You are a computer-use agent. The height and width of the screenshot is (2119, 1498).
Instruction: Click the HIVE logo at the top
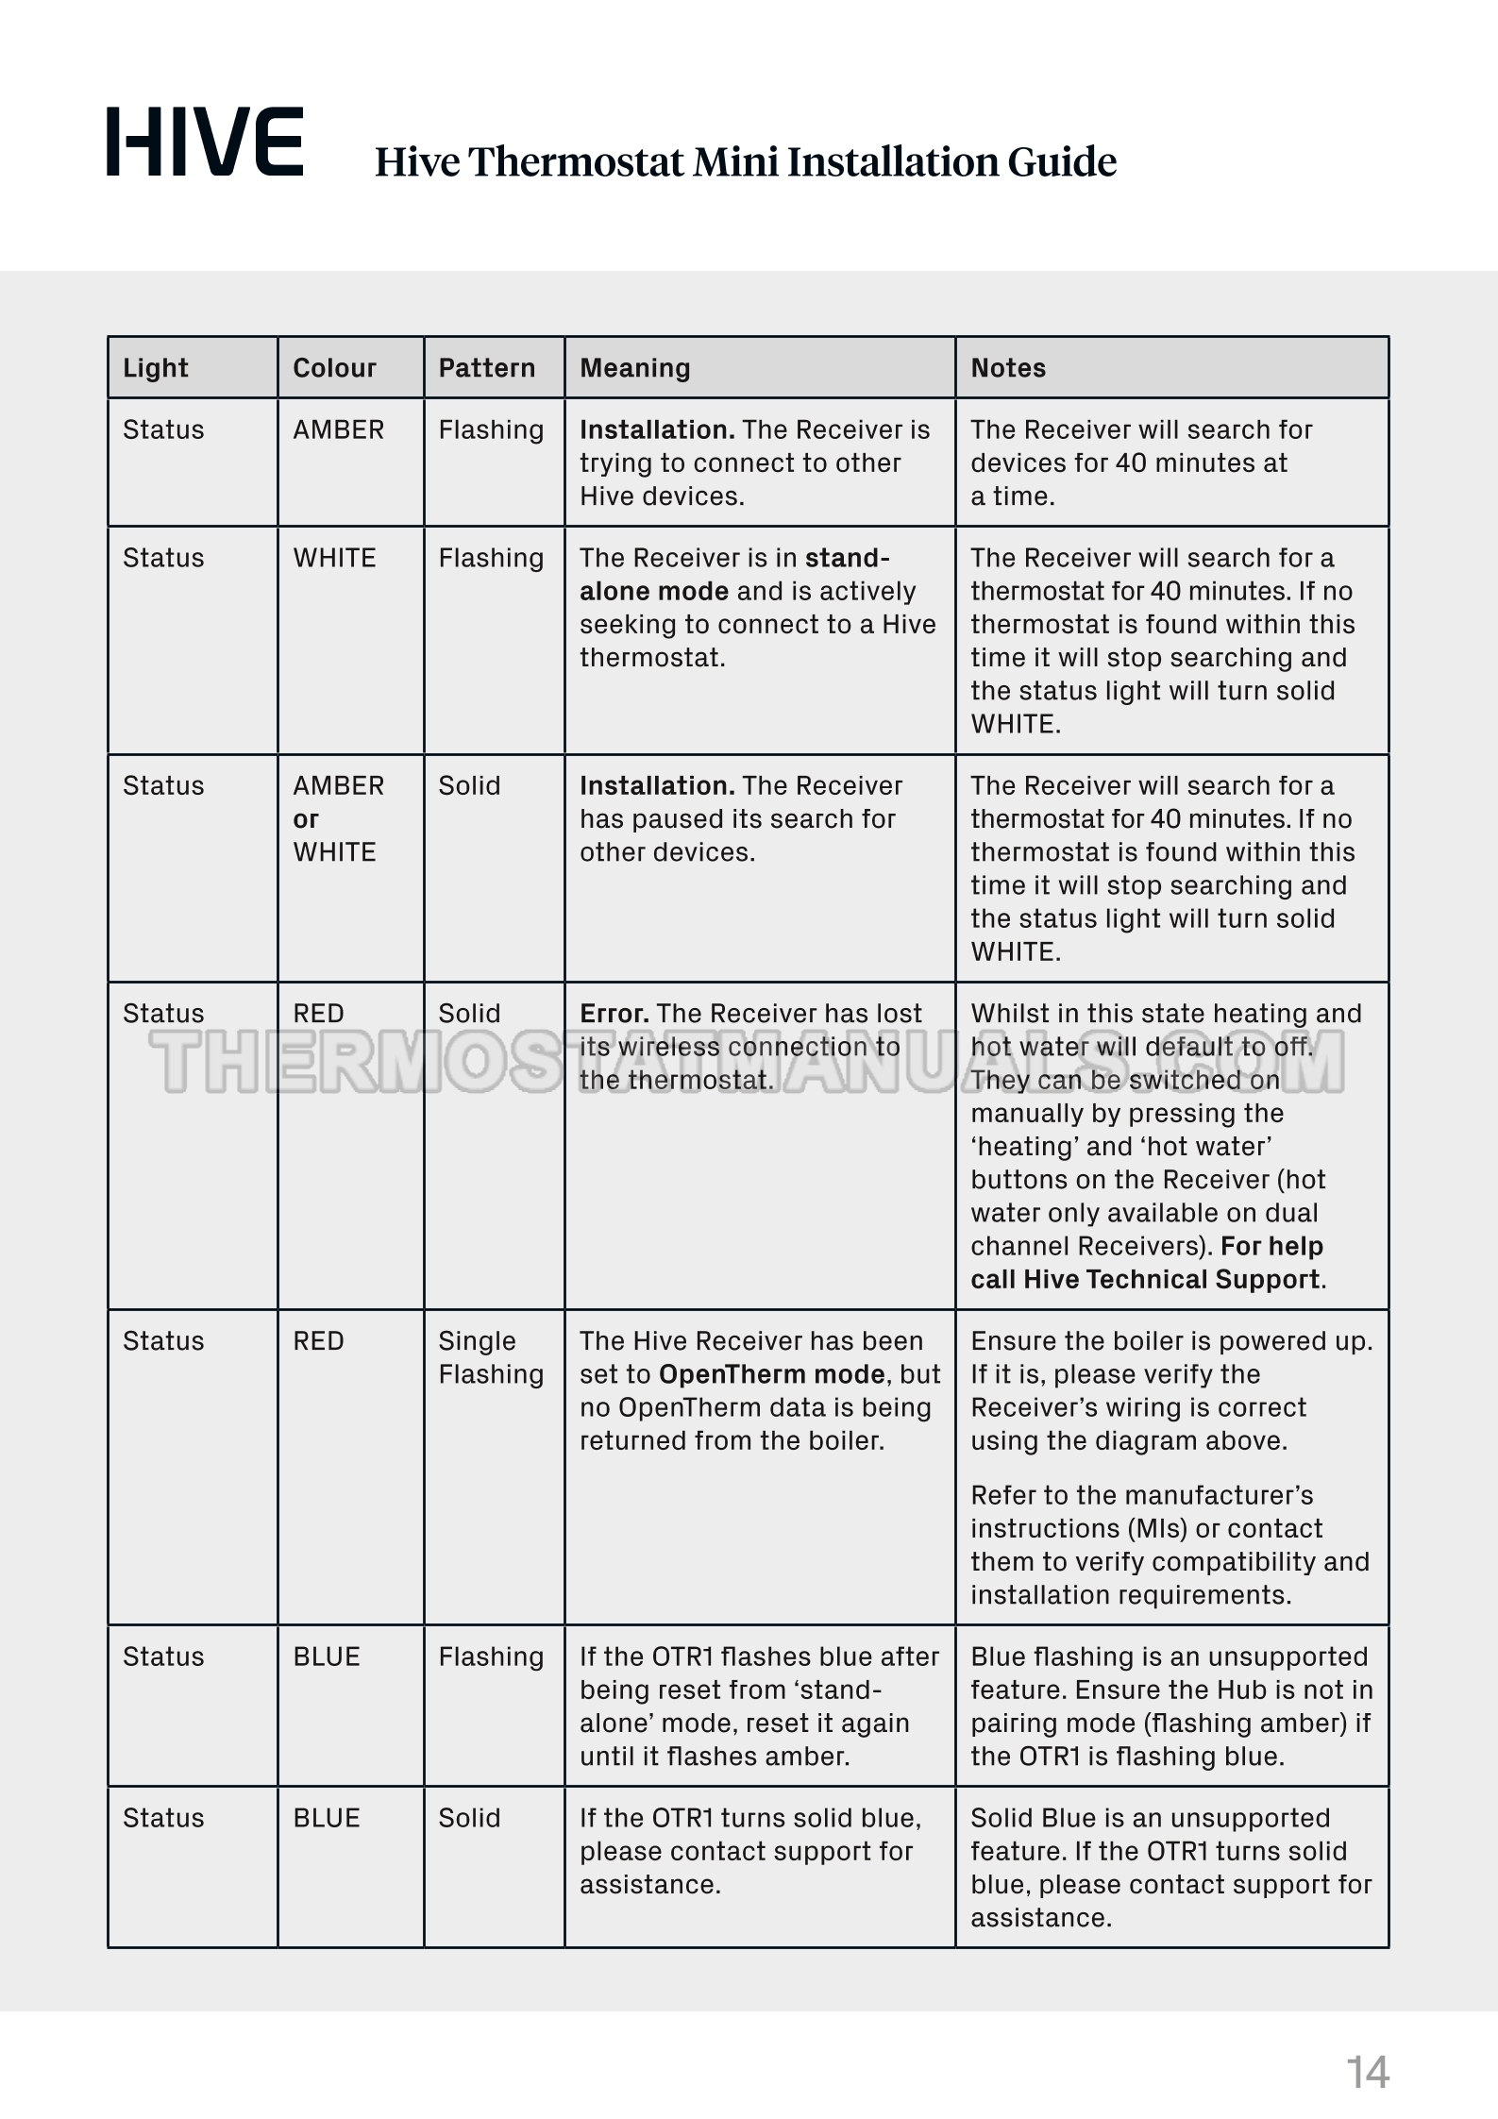click(x=205, y=143)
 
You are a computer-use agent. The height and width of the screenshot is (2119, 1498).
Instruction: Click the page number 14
click(x=1367, y=2072)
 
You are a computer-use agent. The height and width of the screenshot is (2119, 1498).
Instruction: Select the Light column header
click(x=156, y=368)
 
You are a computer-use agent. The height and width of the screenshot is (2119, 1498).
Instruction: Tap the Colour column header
click(x=334, y=368)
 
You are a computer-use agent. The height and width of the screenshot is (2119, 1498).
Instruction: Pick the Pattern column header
click(x=486, y=368)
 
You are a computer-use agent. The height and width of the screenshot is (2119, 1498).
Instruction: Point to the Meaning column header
click(x=634, y=368)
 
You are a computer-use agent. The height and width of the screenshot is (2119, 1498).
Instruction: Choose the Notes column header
click(x=1008, y=368)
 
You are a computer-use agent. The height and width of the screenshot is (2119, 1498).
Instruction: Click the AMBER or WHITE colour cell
click(x=338, y=818)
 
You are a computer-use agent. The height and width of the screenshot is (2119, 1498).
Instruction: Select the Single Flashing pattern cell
click(x=491, y=1357)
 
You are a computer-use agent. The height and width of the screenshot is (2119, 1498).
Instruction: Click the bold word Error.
click(x=614, y=1014)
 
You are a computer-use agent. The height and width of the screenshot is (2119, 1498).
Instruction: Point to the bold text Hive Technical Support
click(x=1170, y=1279)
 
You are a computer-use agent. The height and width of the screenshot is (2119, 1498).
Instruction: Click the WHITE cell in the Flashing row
click(x=334, y=558)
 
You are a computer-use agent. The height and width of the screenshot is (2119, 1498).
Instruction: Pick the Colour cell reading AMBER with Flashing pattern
click(x=338, y=430)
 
